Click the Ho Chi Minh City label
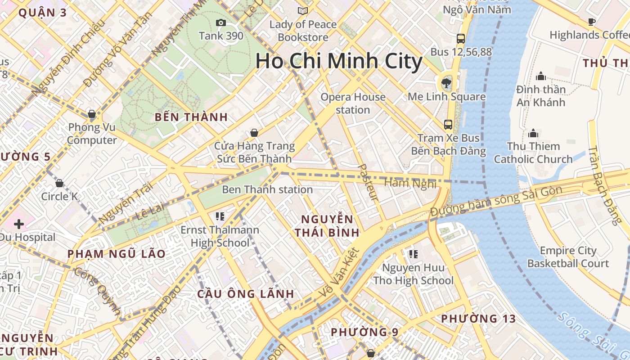pyautogui.click(x=339, y=61)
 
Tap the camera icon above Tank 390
pyautogui.click(x=221, y=22)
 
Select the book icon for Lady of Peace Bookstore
pyautogui.click(x=303, y=11)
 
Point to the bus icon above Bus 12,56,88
pyautogui.click(x=461, y=39)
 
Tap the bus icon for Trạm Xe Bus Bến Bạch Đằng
pyautogui.click(x=448, y=124)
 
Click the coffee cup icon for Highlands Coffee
pyautogui.click(x=592, y=22)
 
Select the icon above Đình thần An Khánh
pyautogui.click(x=541, y=76)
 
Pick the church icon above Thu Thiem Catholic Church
pyautogui.click(x=533, y=133)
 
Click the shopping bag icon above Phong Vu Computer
pyautogui.click(x=92, y=114)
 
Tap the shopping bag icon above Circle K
pyautogui.click(x=59, y=183)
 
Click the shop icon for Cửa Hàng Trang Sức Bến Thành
pyautogui.click(x=254, y=133)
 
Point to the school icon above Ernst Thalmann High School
pyautogui.click(x=220, y=216)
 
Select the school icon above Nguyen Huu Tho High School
pyautogui.click(x=413, y=254)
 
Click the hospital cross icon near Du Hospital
pyautogui.click(x=19, y=224)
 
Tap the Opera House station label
pyautogui.click(x=353, y=103)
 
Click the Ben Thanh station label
pyautogui.click(x=267, y=189)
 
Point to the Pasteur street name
pyautogui.click(x=369, y=182)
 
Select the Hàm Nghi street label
pyautogui.click(x=410, y=183)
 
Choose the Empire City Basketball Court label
pyautogui.click(x=568, y=257)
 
